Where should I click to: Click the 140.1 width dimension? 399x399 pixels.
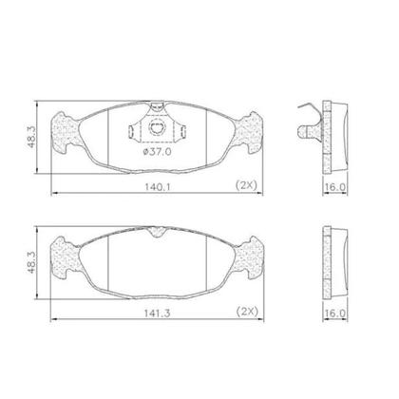(x=158, y=187)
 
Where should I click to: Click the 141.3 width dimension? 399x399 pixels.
(x=158, y=313)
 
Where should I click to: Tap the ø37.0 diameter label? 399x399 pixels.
(x=158, y=152)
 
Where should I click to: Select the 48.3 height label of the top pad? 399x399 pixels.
(x=31, y=136)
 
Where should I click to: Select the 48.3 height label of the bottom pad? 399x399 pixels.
(x=31, y=262)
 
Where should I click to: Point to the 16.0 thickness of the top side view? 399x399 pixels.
(x=335, y=187)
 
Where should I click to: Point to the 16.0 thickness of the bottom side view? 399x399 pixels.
(x=335, y=313)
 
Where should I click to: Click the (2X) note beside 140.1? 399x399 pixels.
(x=247, y=185)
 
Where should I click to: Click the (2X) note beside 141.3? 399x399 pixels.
(x=248, y=312)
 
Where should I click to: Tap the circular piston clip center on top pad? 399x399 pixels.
(x=157, y=128)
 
